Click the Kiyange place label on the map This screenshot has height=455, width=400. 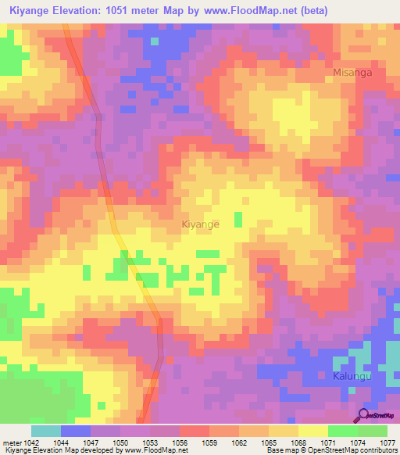coord(200,224)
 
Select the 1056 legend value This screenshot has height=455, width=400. coord(179,442)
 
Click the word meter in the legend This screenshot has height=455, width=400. coord(11,442)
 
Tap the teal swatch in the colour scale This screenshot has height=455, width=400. coord(46,431)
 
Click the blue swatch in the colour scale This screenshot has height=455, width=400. coord(76,431)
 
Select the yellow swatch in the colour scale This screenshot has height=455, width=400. coord(313,431)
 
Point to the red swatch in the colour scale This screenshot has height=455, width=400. coord(195,431)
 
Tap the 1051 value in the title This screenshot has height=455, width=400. coord(128,10)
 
